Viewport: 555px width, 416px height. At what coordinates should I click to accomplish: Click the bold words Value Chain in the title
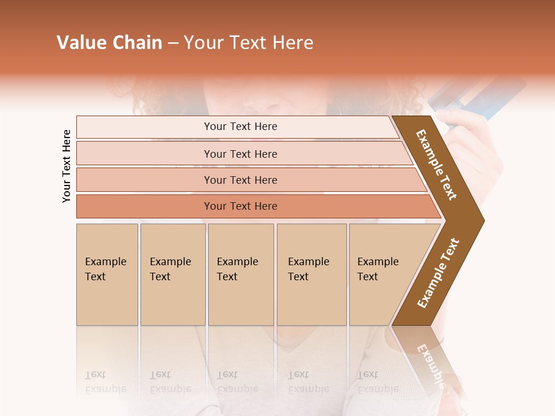pos(109,43)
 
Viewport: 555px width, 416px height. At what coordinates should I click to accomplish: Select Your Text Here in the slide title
pos(249,43)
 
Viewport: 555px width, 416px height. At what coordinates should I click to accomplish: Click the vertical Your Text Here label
pos(66,166)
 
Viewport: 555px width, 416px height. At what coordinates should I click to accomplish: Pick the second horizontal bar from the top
pos(240,154)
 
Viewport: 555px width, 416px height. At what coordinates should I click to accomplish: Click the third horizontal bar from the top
pos(240,180)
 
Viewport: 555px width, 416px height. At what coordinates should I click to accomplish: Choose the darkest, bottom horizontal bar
pos(240,206)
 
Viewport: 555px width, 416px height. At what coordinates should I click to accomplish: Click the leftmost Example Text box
pos(107,274)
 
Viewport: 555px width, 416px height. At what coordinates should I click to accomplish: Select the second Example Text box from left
pos(172,274)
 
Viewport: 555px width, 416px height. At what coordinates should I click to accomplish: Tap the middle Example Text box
pos(240,274)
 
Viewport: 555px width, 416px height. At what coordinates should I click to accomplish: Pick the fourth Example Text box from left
pos(311,274)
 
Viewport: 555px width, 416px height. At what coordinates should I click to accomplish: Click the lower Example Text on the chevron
pos(438,273)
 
